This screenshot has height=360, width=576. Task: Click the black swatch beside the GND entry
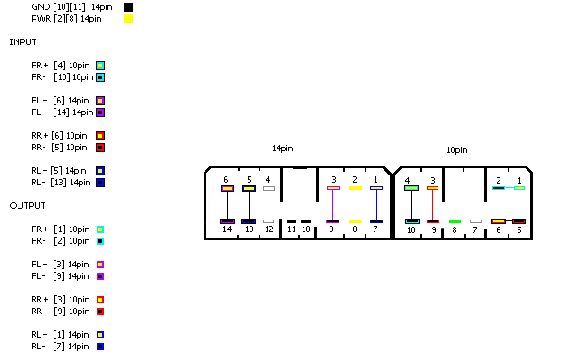coord(128,7)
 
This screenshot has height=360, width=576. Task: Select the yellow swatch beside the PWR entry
coord(128,19)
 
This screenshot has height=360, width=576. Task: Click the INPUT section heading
coord(23,42)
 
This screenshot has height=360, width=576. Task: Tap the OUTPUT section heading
coord(28,206)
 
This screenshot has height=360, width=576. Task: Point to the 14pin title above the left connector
coord(282,148)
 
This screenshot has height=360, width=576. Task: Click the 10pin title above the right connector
coord(457,150)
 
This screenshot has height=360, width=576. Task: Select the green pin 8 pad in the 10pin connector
coord(455,221)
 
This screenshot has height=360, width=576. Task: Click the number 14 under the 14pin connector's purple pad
coord(228,229)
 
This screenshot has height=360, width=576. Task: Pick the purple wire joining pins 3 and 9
coord(333,205)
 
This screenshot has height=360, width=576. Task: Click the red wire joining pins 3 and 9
coord(433,205)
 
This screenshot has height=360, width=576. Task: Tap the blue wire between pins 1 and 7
coord(376,205)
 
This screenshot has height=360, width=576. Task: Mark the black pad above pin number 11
coord(292,221)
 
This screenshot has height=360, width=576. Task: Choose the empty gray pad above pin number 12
coord(268,221)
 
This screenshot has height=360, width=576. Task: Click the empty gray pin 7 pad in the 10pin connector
coord(476,221)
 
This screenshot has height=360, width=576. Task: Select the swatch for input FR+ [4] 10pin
coord(100,66)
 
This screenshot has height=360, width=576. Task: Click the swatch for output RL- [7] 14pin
coord(100,346)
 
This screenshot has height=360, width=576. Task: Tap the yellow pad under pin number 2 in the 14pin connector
coord(356,188)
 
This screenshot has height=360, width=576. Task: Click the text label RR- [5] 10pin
coord(59,148)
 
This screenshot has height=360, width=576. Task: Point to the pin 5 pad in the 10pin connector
coord(519,221)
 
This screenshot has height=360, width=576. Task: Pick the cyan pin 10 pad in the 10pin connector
coord(412,221)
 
